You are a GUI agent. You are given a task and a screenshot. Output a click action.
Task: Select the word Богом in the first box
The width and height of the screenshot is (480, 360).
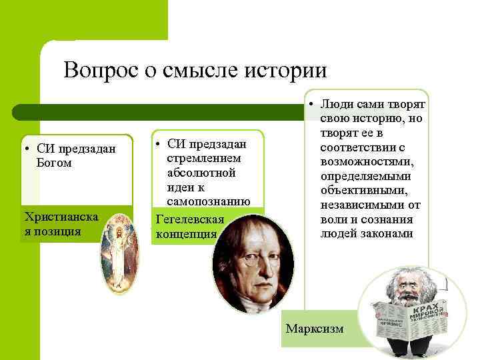(x=54, y=163)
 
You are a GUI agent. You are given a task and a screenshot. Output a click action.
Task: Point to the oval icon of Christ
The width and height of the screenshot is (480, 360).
(x=121, y=253)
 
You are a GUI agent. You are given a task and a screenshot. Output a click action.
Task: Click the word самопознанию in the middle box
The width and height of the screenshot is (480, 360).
(x=208, y=201)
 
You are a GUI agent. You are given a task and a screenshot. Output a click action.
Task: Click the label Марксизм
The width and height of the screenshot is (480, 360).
(x=314, y=329)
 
